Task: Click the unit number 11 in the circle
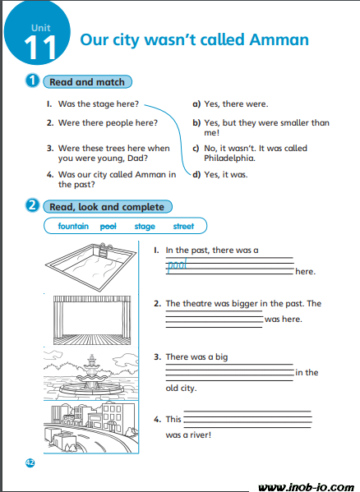[x=39, y=47]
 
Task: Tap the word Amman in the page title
[x=279, y=40]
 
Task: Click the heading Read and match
[x=87, y=82]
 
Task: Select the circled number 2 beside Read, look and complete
[x=32, y=205]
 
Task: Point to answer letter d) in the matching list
[x=196, y=174]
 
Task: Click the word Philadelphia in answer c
[x=229, y=158]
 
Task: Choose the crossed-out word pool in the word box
[x=108, y=226]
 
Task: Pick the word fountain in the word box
[x=73, y=226]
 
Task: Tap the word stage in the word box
[x=145, y=227]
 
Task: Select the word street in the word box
[x=183, y=226]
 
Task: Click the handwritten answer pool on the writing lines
[x=177, y=265]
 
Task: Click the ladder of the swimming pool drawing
[x=104, y=250]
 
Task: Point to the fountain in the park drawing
[x=91, y=375]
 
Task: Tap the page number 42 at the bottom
[x=30, y=462]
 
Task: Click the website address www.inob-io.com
[x=307, y=487]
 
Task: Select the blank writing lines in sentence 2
[x=214, y=320]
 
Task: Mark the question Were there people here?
[x=108, y=122]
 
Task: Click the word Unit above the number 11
[x=41, y=28]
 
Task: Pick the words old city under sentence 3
[x=181, y=389]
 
